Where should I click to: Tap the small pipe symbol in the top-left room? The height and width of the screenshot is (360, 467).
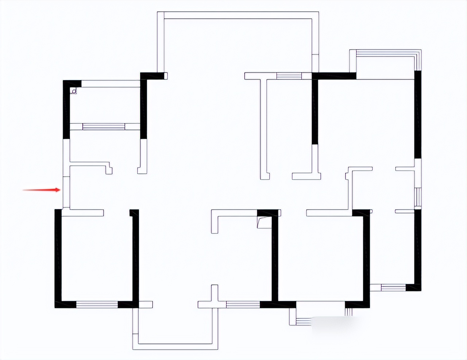click(74, 91)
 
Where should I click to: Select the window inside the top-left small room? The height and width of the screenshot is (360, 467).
click(104, 126)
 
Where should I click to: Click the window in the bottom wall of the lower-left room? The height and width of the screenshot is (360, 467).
click(97, 304)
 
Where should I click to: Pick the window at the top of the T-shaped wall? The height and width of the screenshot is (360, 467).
click(289, 76)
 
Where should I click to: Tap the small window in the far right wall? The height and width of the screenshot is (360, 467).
click(418, 198)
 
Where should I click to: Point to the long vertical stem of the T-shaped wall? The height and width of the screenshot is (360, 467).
click(264, 128)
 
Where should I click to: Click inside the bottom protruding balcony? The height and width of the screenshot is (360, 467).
click(175, 325)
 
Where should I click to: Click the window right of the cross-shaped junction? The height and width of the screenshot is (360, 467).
click(243, 304)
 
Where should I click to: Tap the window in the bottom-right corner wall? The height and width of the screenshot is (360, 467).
click(393, 287)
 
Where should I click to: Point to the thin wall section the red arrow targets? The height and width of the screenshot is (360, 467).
click(66, 192)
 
